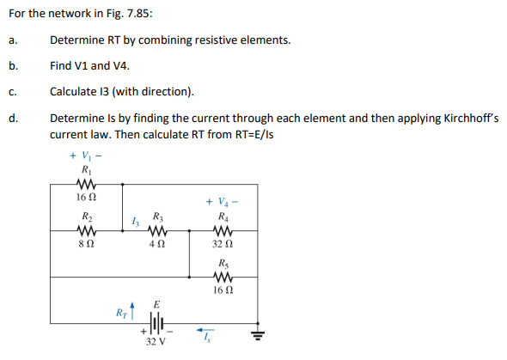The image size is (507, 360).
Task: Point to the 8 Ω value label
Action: tap(86, 245)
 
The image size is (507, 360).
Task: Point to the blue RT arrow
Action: tap(132, 308)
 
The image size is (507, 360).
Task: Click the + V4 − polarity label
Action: tap(222, 202)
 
